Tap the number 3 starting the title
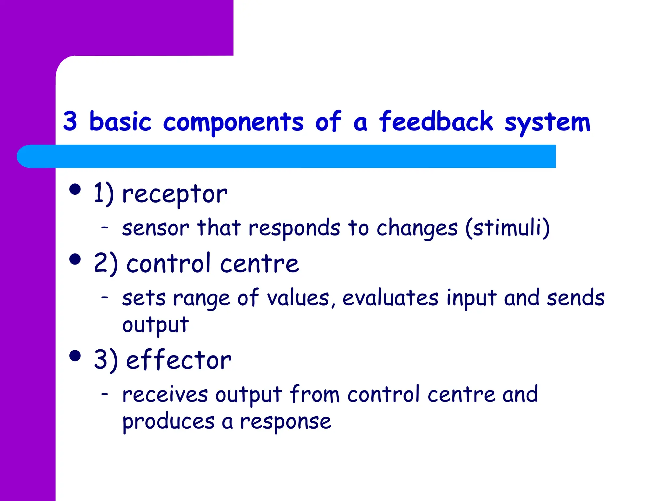coord(70,121)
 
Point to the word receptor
coord(175,194)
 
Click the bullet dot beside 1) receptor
coord(75,189)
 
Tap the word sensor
coord(155,228)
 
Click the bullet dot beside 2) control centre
coord(75,259)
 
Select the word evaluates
coord(390,298)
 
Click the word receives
coord(165,395)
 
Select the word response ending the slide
coord(286,422)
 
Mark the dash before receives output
coord(105,394)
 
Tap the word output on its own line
coord(155,325)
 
